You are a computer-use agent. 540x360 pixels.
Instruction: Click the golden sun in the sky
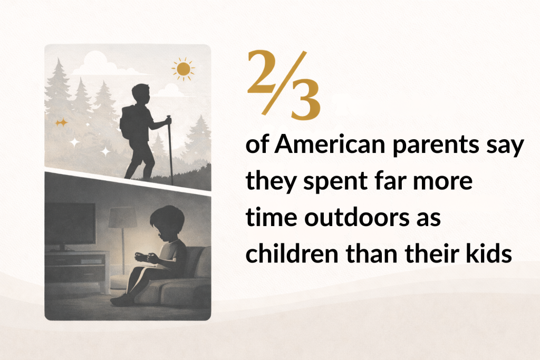click(x=183, y=69)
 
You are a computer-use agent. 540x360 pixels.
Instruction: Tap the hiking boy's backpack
click(x=128, y=121)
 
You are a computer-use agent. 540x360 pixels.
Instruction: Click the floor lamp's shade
click(x=122, y=217)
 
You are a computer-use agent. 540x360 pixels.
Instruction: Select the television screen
click(x=70, y=223)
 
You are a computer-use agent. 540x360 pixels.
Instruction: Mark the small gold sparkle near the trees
click(x=62, y=122)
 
